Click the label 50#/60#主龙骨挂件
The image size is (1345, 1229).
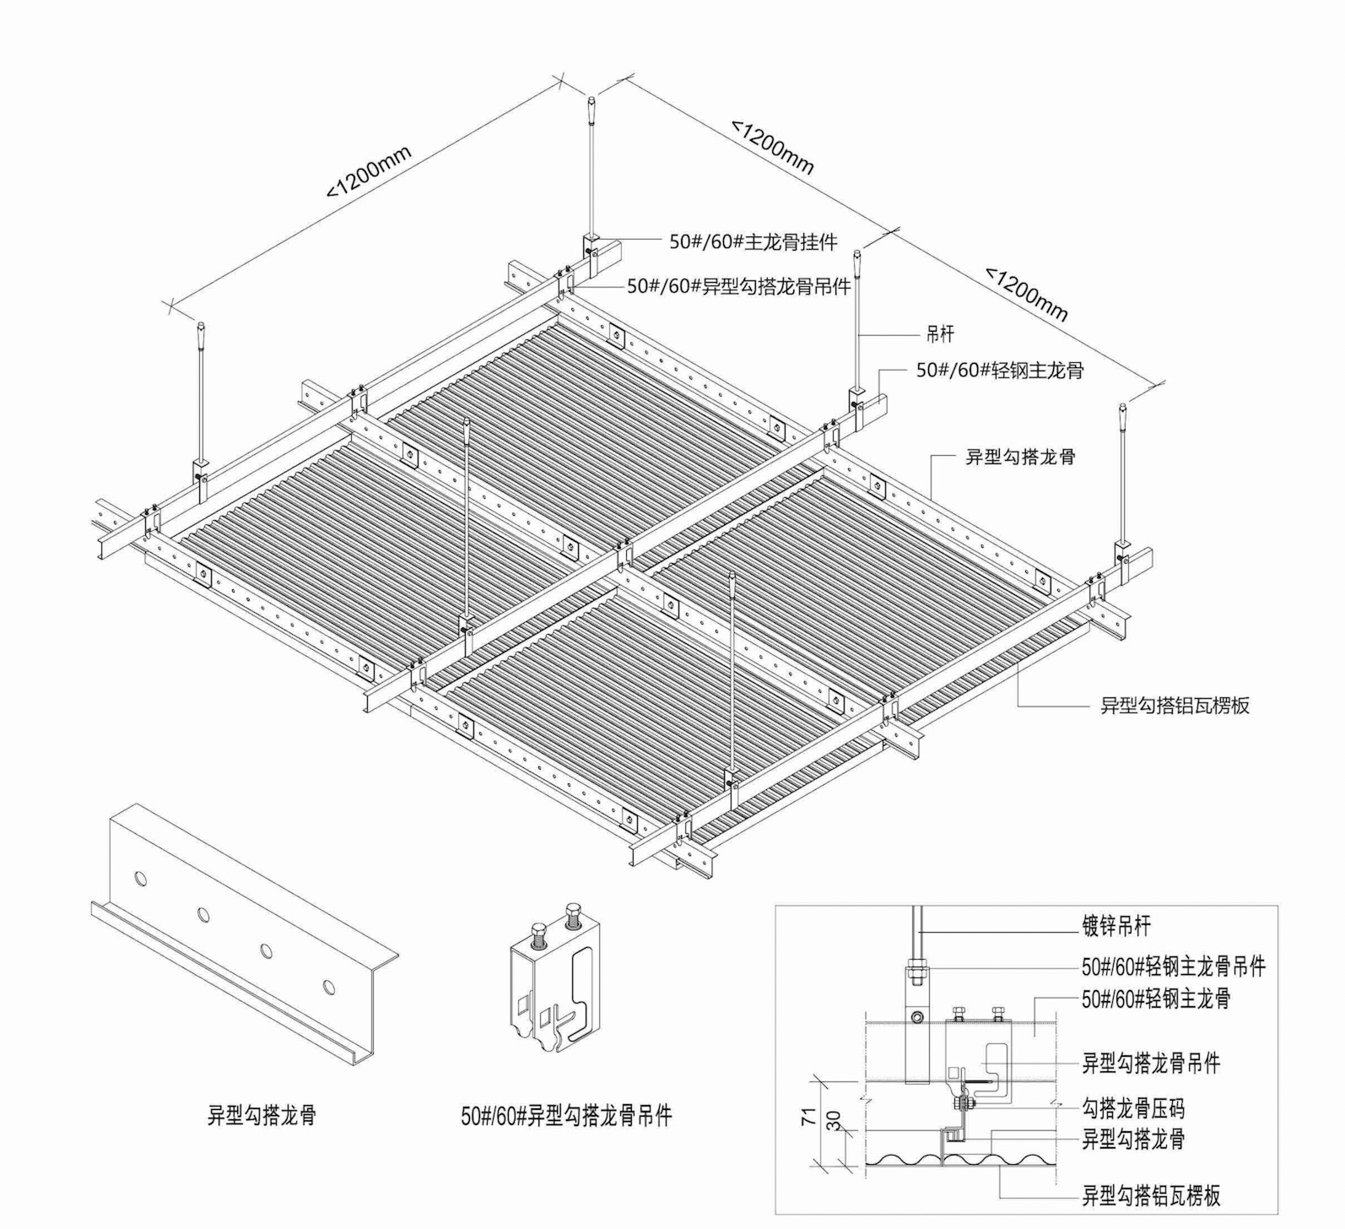(x=754, y=242)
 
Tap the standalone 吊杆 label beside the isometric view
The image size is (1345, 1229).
(x=940, y=334)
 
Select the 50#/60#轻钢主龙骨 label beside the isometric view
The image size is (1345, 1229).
(x=1000, y=371)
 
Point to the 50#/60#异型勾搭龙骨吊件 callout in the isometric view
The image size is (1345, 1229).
(x=739, y=287)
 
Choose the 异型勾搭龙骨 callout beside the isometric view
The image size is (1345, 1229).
(x=1021, y=457)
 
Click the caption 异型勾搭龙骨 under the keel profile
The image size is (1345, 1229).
(x=262, y=1116)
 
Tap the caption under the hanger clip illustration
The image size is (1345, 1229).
(x=566, y=1116)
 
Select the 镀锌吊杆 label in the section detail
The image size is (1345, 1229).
(x=1115, y=927)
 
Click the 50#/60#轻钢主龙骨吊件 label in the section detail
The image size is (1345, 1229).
(x=1174, y=966)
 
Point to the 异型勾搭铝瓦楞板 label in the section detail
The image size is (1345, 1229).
(x=1151, y=1196)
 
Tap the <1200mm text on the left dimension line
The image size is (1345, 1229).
(x=370, y=173)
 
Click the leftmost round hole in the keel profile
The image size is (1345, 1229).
(x=141, y=879)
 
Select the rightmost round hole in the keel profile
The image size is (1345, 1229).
(x=327, y=987)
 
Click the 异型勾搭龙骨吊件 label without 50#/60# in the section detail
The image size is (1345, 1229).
(x=1151, y=1064)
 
